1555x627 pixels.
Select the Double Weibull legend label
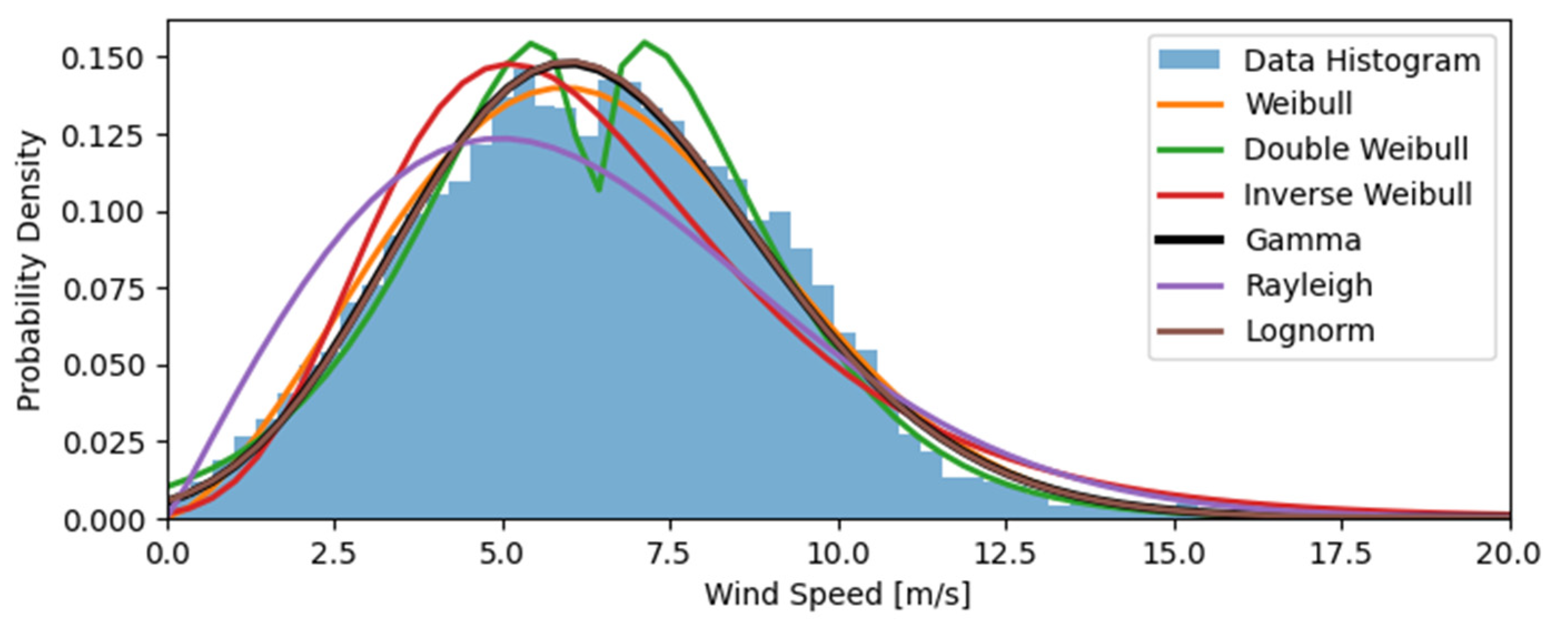1356,149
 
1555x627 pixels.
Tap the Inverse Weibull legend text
1358,195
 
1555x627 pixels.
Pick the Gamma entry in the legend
1303,240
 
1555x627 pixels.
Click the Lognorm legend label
1310,331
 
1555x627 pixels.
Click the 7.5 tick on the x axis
670,554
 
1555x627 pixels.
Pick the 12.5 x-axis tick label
1006,554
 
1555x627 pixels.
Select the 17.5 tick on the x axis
1342,554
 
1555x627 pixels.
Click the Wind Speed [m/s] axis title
838,594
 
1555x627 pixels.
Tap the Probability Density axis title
29,272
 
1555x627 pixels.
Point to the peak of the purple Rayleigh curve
503,139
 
